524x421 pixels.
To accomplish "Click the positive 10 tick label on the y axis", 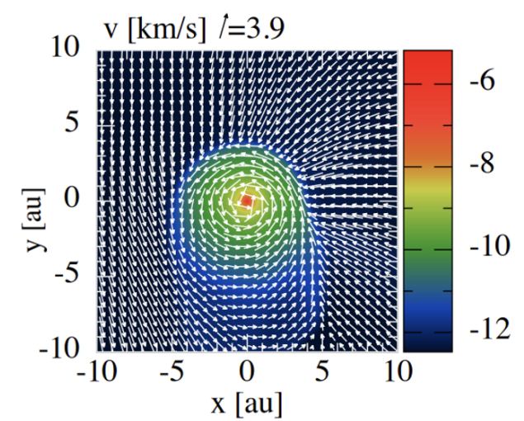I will (67, 50).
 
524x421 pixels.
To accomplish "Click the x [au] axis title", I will (247, 404).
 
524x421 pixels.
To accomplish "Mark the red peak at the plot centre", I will (247, 200).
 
